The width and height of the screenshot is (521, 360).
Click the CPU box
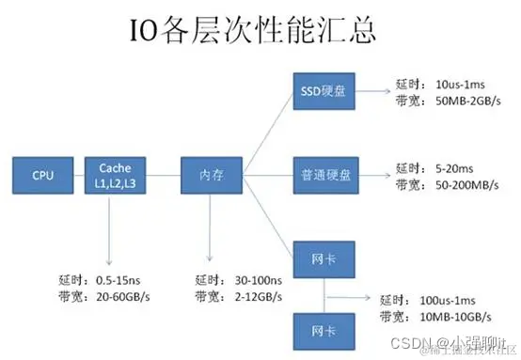(x=43, y=175)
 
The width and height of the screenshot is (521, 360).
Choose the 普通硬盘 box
(x=324, y=175)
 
